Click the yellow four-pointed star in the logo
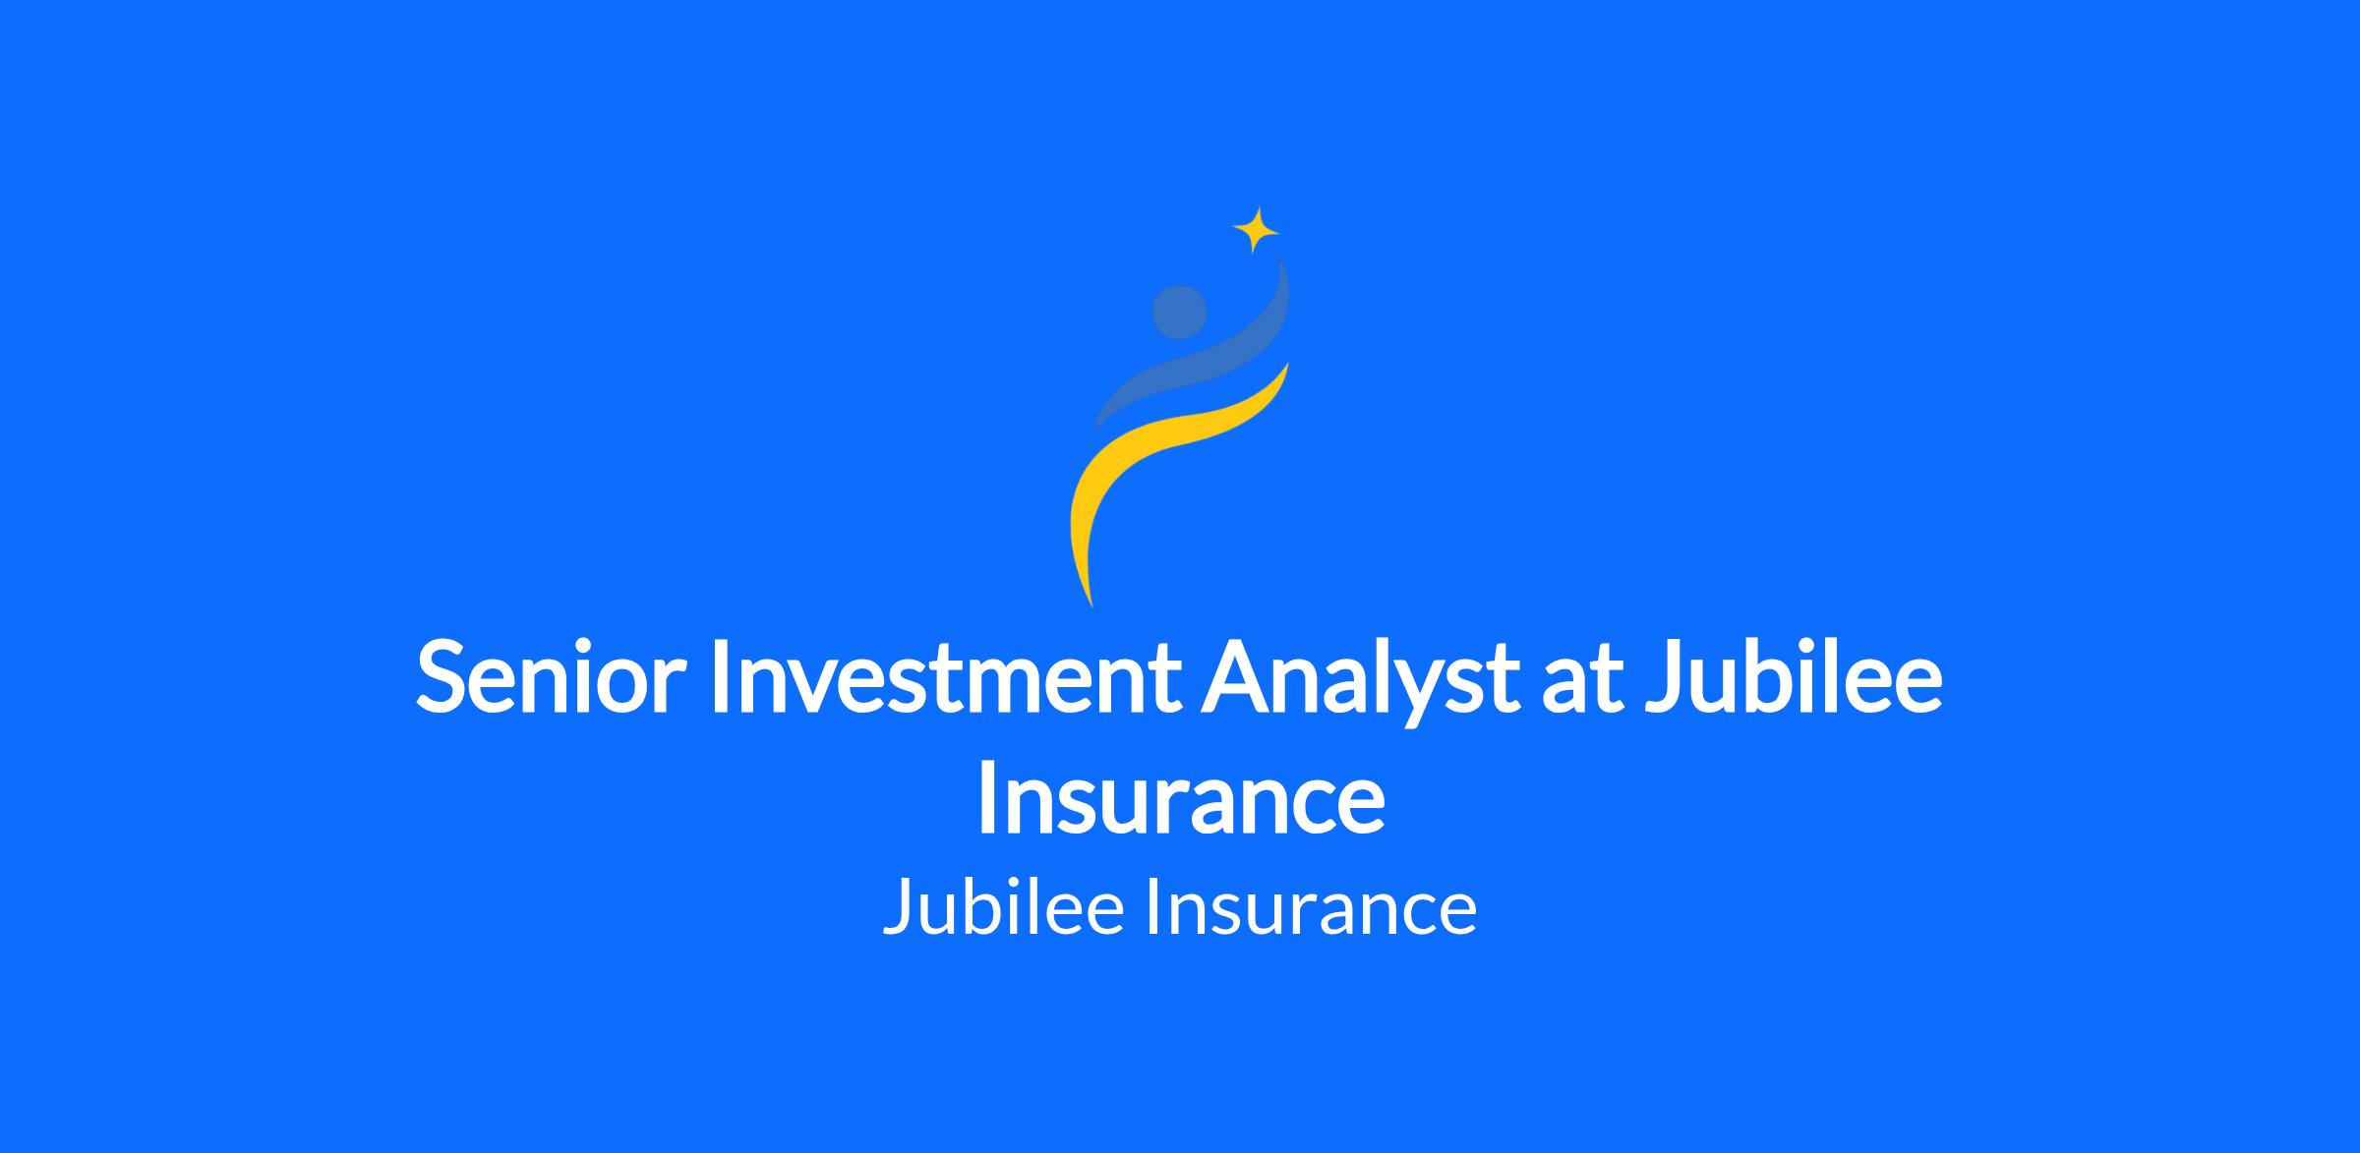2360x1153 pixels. (x=1256, y=231)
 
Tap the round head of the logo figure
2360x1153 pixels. (x=1179, y=313)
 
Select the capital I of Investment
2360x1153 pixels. (x=718, y=676)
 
